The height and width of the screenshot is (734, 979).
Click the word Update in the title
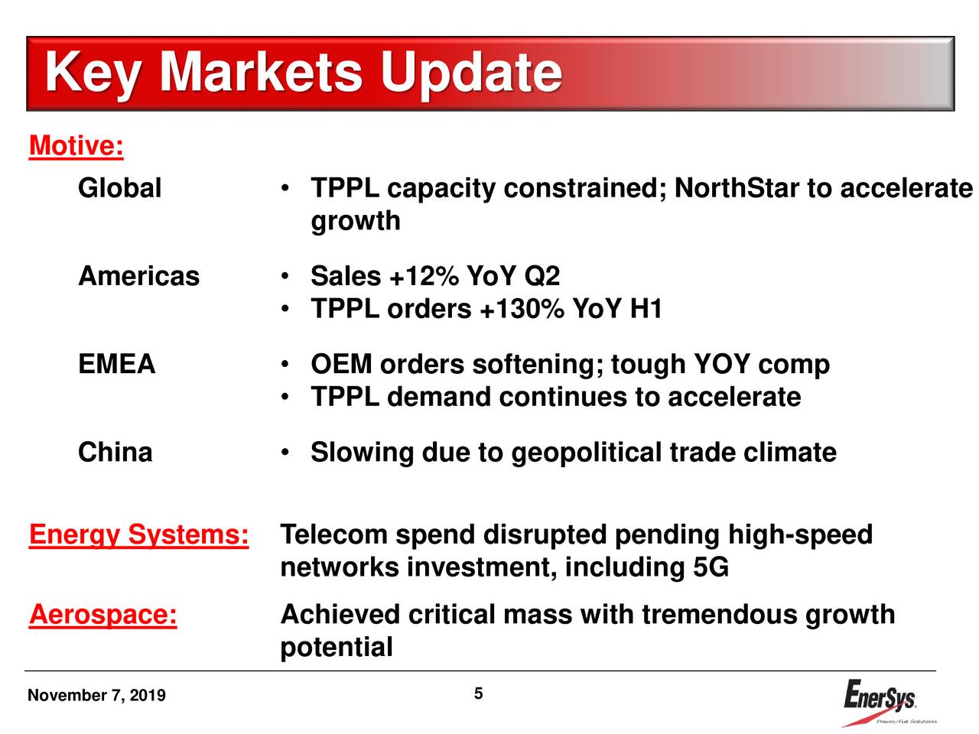click(x=470, y=73)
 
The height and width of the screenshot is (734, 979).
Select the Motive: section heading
click(x=76, y=145)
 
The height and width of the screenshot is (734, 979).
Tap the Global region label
click(x=119, y=188)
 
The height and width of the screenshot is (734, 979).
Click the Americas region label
click(x=138, y=276)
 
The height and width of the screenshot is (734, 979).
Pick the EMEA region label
click(x=116, y=364)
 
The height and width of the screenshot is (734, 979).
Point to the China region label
click(x=115, y=452)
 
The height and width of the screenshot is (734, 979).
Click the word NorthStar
click(x=737, y=188)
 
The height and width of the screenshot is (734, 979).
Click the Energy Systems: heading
click(x=138, y=535)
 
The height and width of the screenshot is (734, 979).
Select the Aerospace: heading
click(x=102, y=615)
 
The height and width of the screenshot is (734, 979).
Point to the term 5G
click(x=711, y=568)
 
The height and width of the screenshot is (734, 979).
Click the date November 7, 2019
click(x=96, y=696)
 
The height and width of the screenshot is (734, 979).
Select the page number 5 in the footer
click(x=478, y=694)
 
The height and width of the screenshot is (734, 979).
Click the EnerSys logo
click(x=882, y=700)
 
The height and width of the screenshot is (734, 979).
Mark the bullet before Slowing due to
click(x=284, y=453)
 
